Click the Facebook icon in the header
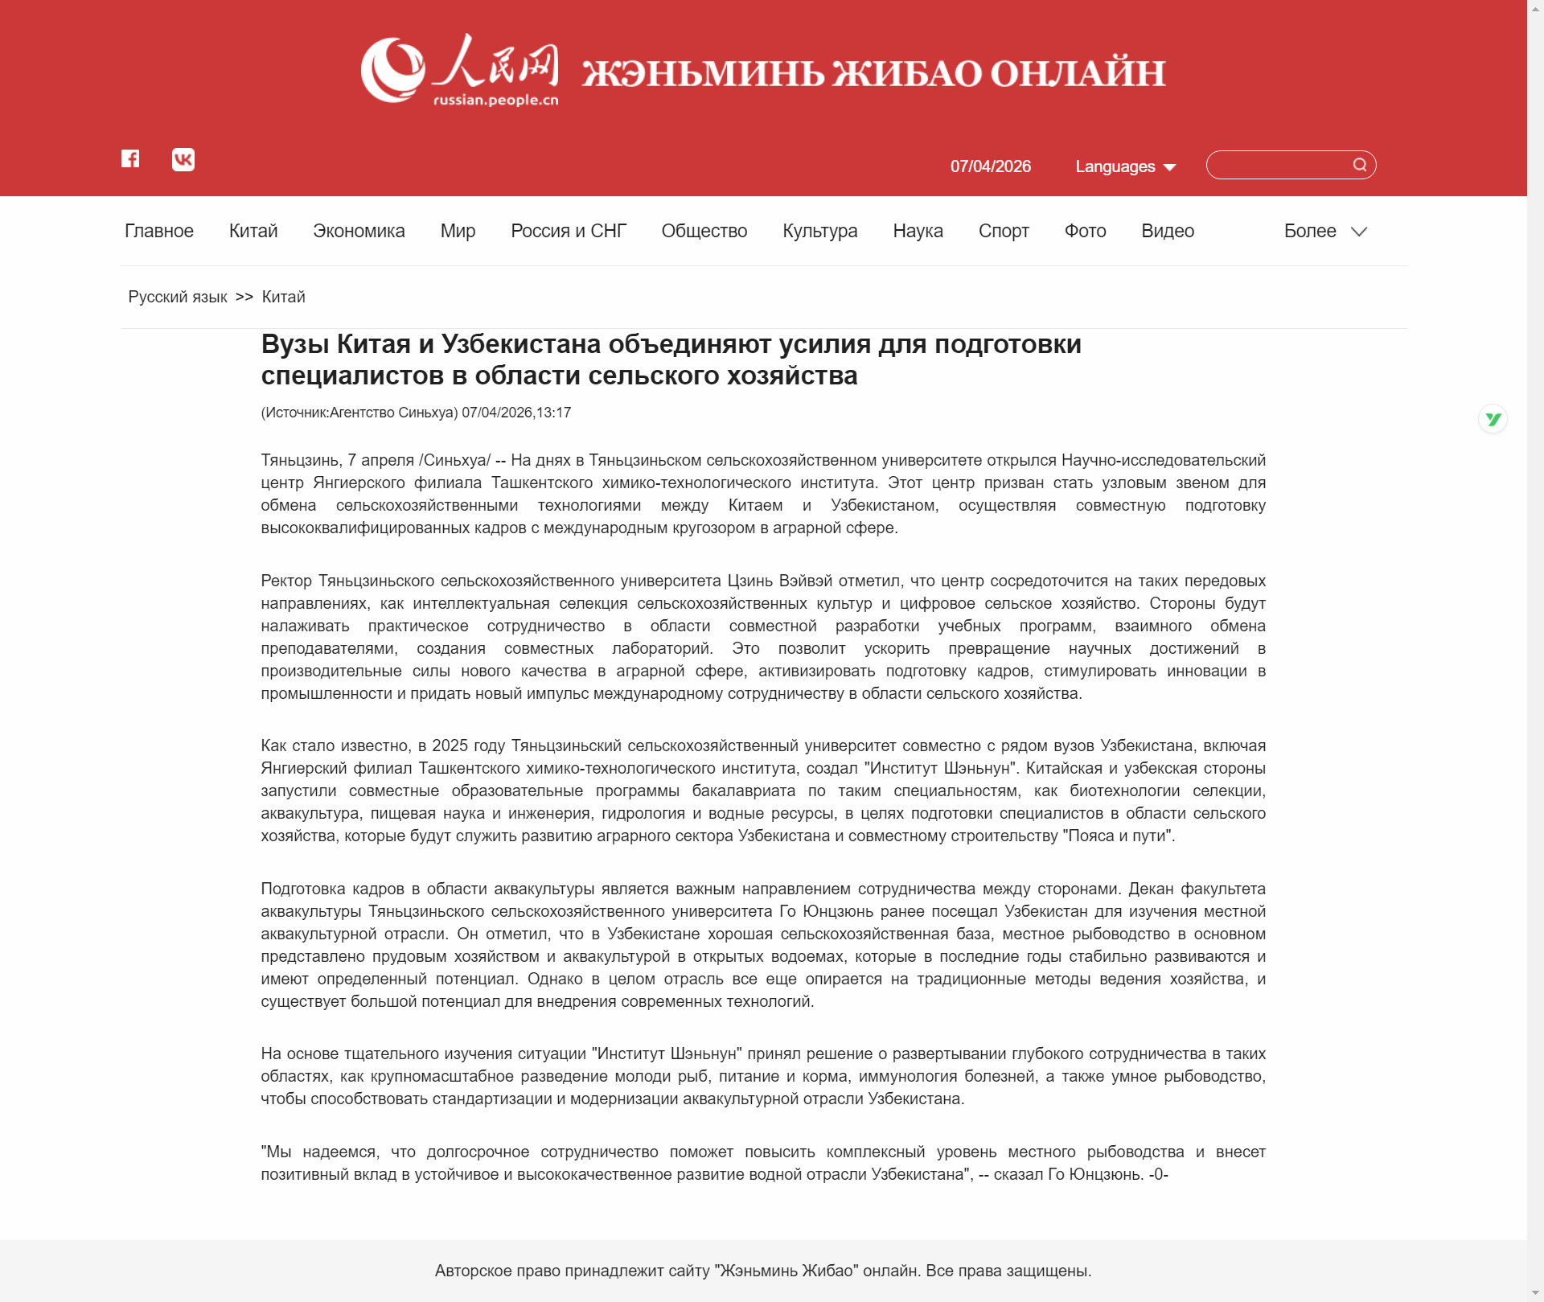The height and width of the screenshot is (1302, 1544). click(x=130, y=158)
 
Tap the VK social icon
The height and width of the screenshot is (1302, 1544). click(x=183, y=159)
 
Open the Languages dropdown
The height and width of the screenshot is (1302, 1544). click(x=1125, y=166)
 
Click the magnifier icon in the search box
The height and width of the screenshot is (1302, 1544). click(x=1359, y=165)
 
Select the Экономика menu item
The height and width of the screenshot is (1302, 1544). click(x=359, y=231)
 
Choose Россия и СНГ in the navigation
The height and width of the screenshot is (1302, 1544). click(x=569, y=231)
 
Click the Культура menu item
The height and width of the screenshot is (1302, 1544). click(x=819, y=231)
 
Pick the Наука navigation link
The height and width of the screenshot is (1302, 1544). click(x=918, y=231)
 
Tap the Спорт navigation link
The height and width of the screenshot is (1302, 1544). click(x=1004, y=231)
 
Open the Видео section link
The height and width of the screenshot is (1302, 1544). click(x=1167, y=231)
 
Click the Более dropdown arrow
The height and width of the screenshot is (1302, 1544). click(x=1359, y=232)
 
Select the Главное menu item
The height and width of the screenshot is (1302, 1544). click(x=159, y=231)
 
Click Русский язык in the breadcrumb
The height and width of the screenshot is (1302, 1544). click(x=178, y=297)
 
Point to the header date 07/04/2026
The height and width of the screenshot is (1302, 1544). click(x=990, y=166)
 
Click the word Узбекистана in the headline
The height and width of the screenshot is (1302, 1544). click(x=521, y=344)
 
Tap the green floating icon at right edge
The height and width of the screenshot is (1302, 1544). click(x=1493, y=419)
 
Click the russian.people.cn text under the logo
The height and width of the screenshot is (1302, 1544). click(x=495, y=101)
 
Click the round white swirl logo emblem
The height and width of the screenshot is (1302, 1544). click(x=392, y=70)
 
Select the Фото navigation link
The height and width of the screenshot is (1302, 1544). click(x=1085, y=231)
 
